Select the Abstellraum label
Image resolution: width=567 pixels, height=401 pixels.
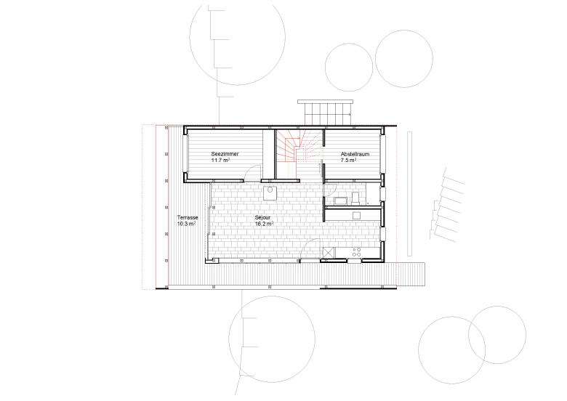pyautogui.click(x=355, y=154)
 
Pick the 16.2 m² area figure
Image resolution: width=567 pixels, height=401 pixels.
pyautogui.click(x=263, y=224)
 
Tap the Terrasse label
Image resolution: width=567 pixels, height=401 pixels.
pyautogui.click(x=188, y=218)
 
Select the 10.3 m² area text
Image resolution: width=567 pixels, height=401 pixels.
pyautogui.click(x=187, y=224)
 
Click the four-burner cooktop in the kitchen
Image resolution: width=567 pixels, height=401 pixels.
pyautogui.click(x=357, y=252)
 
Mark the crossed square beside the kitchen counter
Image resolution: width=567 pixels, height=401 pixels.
pyautogui.click(x=329, y=252)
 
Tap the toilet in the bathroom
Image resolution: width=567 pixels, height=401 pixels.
pyautogui.click(x=355, y=198)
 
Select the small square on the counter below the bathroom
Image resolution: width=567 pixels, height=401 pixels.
pyautogui.click(x=356, y=214)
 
